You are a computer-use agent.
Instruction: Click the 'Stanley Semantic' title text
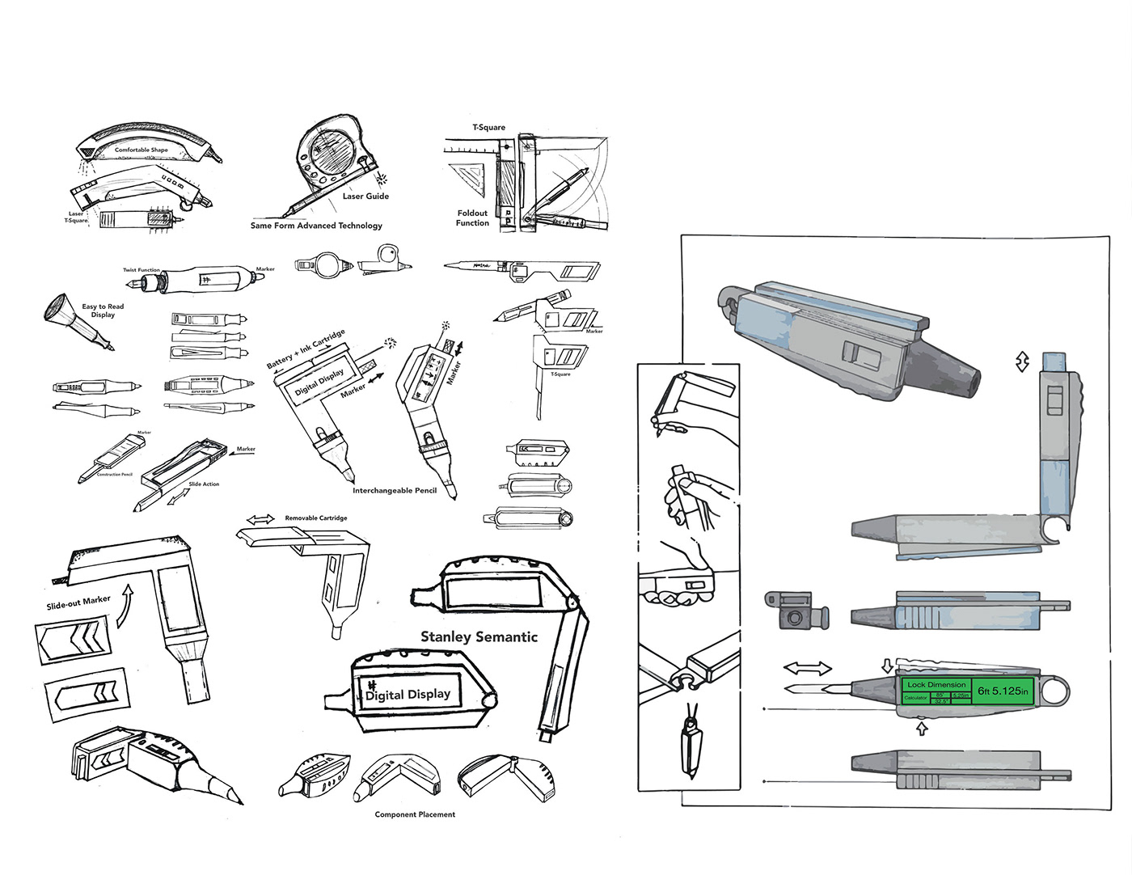[x=479, y=636]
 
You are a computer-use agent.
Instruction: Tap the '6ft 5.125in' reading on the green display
[x=1003, y=691]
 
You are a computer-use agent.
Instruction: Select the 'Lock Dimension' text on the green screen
[x=936, y=684]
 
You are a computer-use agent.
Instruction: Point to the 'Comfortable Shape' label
[x=141, y=150]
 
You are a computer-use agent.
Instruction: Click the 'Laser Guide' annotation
[x=365, y=196]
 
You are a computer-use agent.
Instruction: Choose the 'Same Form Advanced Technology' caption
[x=316, y=226]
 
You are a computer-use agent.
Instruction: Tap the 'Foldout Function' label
[x=472, y=218]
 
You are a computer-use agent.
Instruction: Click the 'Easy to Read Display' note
[x=103, y=311]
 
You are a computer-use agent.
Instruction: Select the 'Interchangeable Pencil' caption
[x=395, y=490]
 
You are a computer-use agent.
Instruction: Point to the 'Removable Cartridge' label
[x=316, y=518]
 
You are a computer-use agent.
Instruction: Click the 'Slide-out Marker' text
[x=78, y=602]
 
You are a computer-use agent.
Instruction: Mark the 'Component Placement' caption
[x=415, y=814]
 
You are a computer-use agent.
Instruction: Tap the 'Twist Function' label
[x=141, y=270]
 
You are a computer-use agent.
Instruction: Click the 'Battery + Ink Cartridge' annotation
[x=306, y=349]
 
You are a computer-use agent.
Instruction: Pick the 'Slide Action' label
[x=204, y=484]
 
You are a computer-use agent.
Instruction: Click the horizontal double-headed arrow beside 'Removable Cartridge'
[x=260, y=518]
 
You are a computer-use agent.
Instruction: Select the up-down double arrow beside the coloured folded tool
[x=1023, y=361]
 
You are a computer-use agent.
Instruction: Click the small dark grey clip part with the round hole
[x=796, y=611]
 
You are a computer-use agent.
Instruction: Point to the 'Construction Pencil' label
[x=115, y=475]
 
